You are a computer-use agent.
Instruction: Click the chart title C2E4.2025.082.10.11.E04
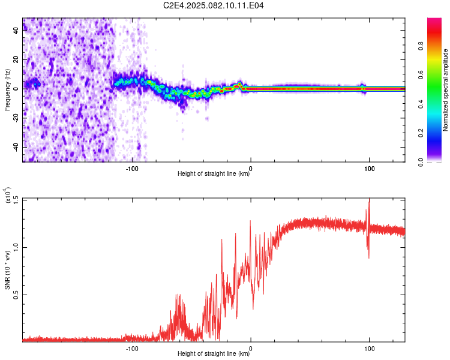click(x=213, y=5)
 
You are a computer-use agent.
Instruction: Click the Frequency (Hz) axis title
click(x=7, y=90)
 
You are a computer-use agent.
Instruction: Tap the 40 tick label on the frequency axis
click(x=16, y=31)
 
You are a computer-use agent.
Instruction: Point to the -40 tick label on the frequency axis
click(x=16, y=147)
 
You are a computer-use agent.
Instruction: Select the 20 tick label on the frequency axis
click(x=16, y=60)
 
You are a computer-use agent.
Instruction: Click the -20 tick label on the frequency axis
click(x=16, y=118)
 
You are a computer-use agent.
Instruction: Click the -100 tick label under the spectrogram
click(x=132, y=169)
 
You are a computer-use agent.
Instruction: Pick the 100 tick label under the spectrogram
click(x=370, y=169)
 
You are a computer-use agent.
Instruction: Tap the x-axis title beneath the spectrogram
click(x=214, y=173)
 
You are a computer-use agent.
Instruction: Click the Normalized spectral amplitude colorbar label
click(x=445, y=90)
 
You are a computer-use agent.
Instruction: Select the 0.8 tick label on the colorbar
click(x=421, y=46)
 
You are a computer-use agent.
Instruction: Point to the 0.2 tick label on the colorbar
click(x=421, y=133)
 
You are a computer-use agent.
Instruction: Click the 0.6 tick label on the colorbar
click(x=421, y=75)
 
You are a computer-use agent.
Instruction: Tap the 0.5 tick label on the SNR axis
click(x=16, y=295)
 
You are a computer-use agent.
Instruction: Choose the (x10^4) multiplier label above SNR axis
click(x=8, y=195)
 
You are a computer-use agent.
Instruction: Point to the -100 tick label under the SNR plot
click(x=132, y=349)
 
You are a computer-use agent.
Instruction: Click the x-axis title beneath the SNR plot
click(x=214, y=353)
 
